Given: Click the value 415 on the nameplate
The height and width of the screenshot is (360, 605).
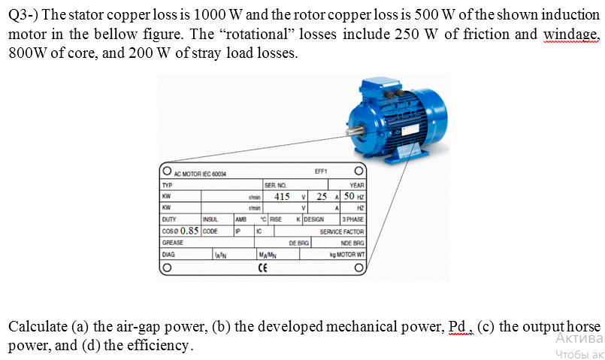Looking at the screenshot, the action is click(282, 196).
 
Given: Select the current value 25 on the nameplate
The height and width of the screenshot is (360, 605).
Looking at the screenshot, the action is click(322, 196).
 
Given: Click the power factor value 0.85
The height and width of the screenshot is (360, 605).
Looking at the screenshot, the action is click(188, 231).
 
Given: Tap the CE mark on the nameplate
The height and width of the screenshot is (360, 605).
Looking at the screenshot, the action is click(262, 268).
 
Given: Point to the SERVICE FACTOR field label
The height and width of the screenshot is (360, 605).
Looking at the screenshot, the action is click(342, 231).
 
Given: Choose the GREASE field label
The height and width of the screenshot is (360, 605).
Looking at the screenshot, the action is click(173, 244).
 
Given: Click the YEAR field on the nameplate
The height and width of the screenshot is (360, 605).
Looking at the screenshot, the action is click(357, 185).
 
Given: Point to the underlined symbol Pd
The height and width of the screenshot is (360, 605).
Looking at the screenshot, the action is click(457, 327).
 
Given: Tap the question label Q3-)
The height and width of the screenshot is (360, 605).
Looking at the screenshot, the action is click(26, 16).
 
